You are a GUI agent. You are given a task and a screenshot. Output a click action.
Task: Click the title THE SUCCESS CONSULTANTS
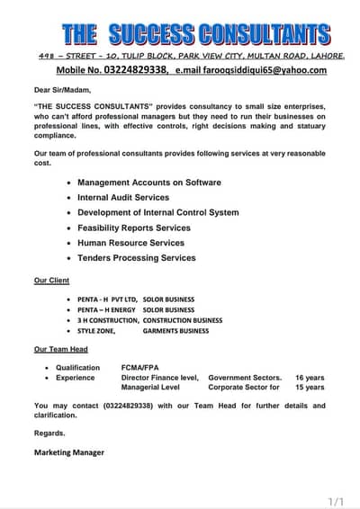click(195, 34)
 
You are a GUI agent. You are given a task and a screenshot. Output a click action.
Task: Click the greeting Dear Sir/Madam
click(63, 90)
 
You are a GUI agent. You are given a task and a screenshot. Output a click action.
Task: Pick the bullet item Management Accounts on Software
click(148, 183)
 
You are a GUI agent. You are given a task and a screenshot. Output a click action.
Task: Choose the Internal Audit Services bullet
click(122, 197)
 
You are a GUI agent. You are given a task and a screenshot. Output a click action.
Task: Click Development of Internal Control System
click(157, 212)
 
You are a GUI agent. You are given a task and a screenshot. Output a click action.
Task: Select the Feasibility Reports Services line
click(134, 228)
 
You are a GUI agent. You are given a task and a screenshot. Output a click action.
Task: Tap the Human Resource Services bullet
click(130, 243)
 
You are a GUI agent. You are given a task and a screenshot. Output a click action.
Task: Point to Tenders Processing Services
click(136, 258)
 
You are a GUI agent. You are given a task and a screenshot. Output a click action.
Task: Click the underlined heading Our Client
click(51, 281)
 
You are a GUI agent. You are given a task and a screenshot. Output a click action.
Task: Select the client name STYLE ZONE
click(97, 331)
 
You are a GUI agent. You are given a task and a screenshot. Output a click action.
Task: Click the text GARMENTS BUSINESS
click(175, 331)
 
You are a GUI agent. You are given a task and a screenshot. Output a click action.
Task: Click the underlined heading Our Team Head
click(60, 349)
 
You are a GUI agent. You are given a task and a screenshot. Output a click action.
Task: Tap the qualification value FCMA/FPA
click(141, 368)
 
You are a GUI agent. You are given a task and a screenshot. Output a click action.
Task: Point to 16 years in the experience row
click(310, 378)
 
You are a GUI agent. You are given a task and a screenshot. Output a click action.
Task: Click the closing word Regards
click(49, 433)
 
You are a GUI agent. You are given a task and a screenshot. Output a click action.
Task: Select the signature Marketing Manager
click(69, 452)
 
